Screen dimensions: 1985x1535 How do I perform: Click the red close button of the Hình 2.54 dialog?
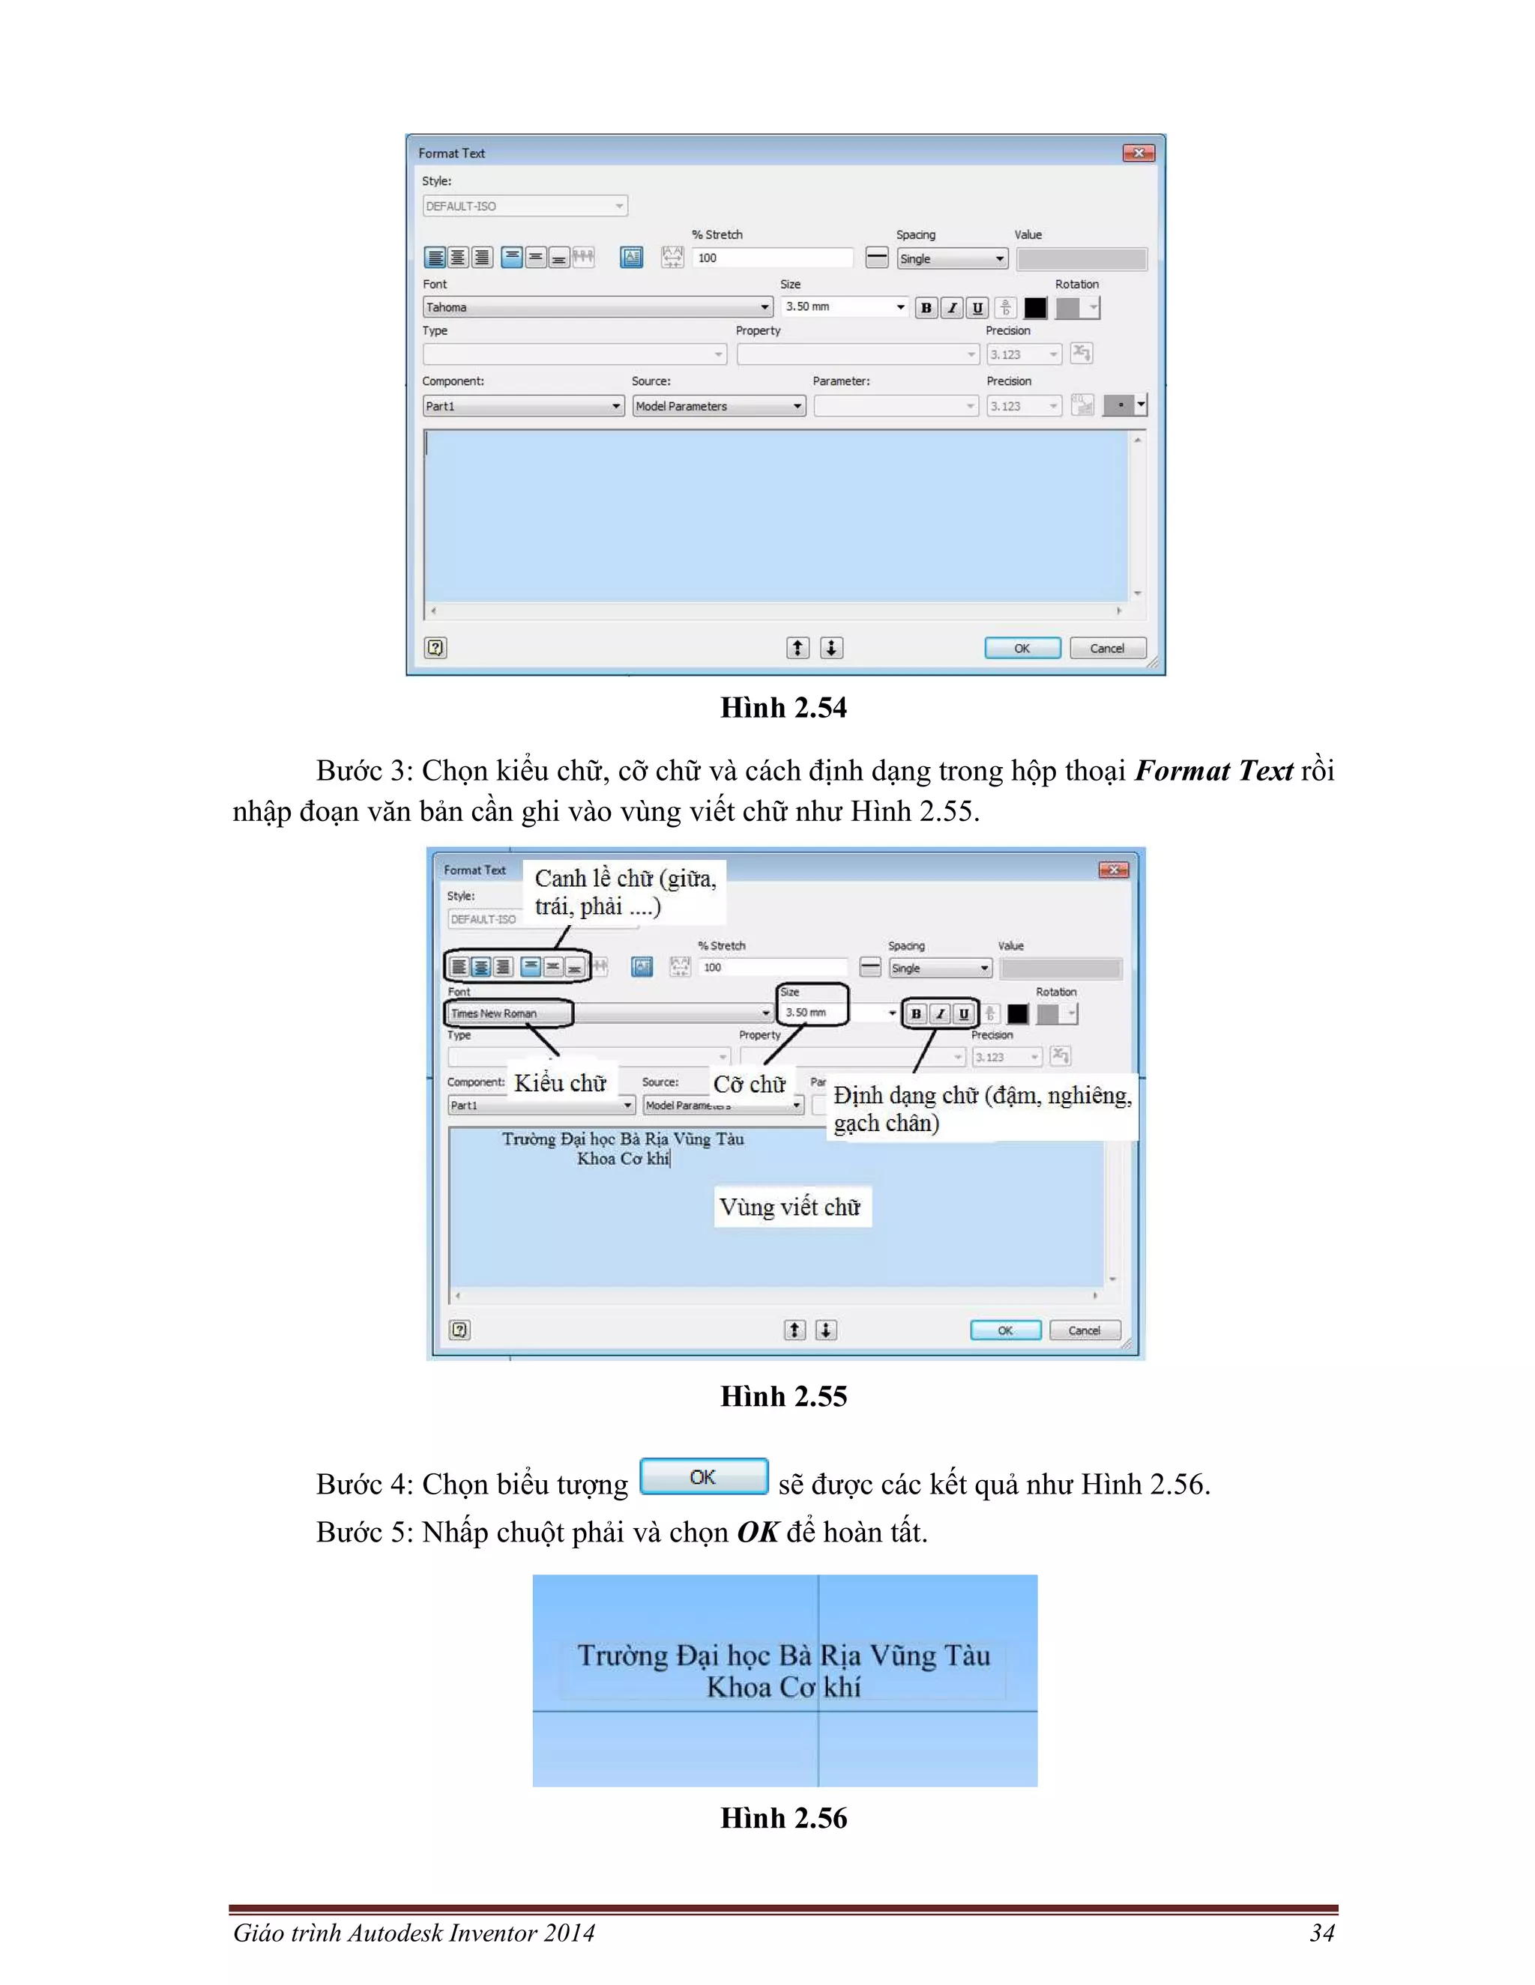(x=1138, y=153)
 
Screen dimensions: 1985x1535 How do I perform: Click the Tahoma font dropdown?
(x=597, y=307)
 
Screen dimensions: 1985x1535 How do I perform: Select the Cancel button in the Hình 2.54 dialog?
(x=1107, y=648)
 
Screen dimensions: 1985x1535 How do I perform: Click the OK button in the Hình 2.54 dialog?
(x=1022, y=648)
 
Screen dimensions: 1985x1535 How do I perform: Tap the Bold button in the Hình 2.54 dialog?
(x=926, y=308)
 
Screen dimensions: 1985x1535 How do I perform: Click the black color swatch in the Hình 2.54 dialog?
(x=1035, y=308)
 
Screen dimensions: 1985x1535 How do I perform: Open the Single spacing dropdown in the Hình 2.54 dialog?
(x=952, y=259)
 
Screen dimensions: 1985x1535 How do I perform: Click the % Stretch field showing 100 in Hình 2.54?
(x=771, y=258)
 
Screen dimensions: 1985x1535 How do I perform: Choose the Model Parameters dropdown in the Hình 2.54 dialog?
(x=718, y=406)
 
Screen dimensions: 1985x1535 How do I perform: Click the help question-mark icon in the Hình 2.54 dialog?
(x=435, y=647)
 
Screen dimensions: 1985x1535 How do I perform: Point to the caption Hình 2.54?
(x=783, y=707)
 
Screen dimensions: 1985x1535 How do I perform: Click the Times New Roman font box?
(x=508, y=1013)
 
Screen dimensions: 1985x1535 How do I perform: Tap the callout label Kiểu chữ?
(x=560, y=1082)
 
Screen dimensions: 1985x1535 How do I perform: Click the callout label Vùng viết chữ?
(x=790, y=1207)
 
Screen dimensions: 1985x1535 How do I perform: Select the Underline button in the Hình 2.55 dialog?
(x=964, y=1013)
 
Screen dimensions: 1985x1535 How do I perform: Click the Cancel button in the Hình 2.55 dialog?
(x=1084, y=1330)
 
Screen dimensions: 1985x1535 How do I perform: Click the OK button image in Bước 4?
(x=703, y=1477)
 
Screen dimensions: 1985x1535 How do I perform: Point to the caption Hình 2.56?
(x=783, y=1818)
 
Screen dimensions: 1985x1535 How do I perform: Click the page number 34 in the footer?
(x=1322, y=1933)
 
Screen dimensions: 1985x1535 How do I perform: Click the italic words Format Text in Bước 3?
(x=1213, y=771)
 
